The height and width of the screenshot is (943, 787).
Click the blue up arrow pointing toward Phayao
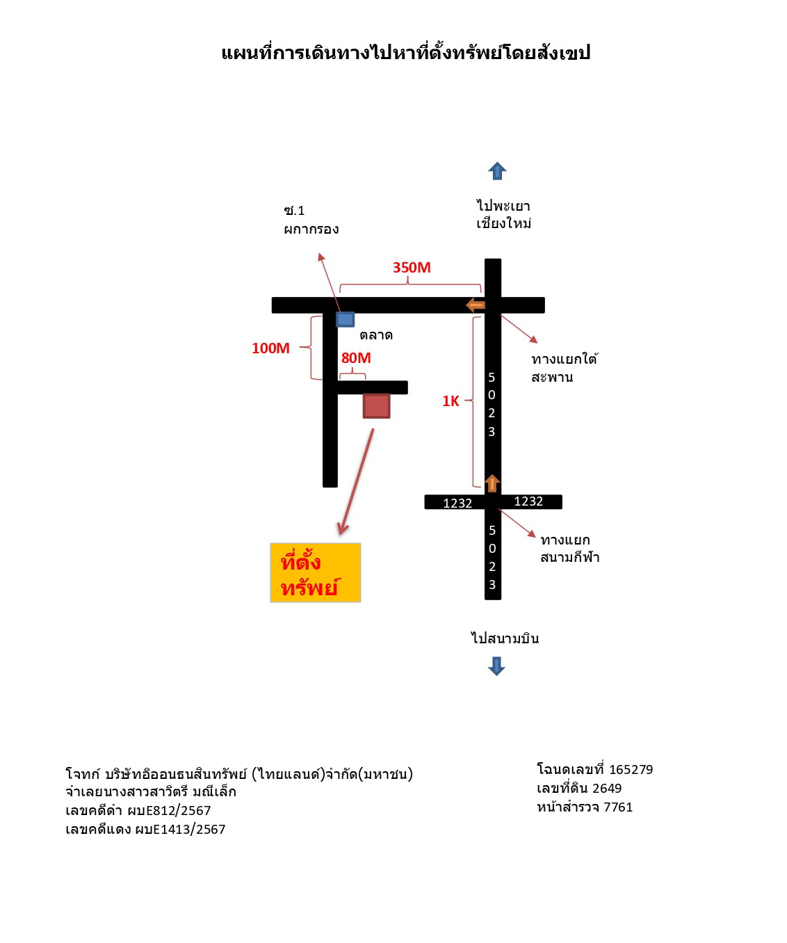click(x=496, y=170)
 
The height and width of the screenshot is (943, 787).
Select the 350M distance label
click(x=412, y=267)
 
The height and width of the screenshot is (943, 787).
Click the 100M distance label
click(x=270, y=348)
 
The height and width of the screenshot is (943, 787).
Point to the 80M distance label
click(x=356, y=357)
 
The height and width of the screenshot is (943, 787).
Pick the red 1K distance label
click(x=451, y=401)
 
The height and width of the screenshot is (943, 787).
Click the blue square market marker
click(x=345, y=319)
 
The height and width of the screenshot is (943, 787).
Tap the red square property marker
click(x=376, y=405)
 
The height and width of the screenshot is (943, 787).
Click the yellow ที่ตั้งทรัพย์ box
click(x=315, y=572)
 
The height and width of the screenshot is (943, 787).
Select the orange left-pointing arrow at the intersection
click(x=475, y=305)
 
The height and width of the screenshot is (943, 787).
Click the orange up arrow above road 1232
click(x=492, y=483)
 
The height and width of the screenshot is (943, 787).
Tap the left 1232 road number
click(x=457, y=503)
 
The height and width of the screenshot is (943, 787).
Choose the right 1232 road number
click(x=528, y=501)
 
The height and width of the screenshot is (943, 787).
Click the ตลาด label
click(x=375, y=335)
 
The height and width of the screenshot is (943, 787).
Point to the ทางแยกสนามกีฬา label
click(x=570, y=548)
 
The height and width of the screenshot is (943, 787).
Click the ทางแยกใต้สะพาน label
click(x=565, y=368)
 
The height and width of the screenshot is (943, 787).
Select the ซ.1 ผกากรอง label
click(x=311, y=220)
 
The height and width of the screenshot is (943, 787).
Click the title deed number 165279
click(x=631, y=769)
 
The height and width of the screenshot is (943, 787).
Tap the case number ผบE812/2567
click(x=169, y=810)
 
